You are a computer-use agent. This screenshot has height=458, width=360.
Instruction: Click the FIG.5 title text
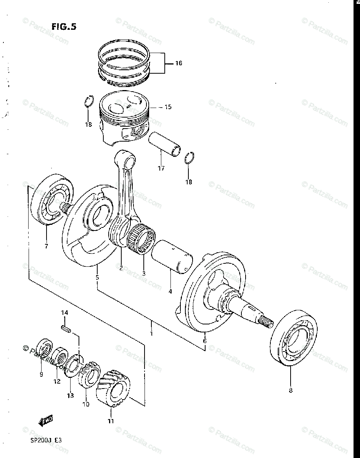(64, 27)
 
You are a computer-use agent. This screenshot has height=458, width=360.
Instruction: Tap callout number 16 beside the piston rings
(178, 63)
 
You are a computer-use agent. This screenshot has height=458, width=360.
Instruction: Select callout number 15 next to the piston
(168, 107)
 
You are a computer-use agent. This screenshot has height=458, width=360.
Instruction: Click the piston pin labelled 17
(166, 145)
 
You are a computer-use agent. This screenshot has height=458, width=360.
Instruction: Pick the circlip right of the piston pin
(190, 158)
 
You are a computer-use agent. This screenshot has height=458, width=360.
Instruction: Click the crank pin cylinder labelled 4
(174, 255)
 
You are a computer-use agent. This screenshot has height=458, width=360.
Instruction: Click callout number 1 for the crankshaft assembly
(151, 333)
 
